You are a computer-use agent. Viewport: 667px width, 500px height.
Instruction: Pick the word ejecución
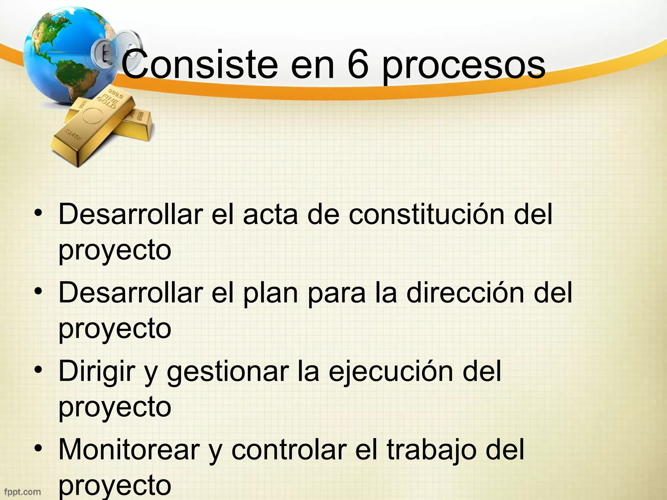tap(391, 372)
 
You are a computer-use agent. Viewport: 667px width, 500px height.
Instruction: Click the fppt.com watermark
tap(22, 492)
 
